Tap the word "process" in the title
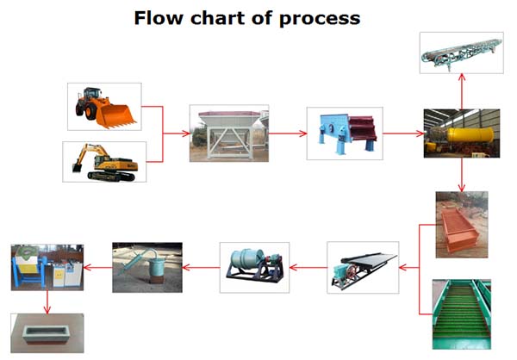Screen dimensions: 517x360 [320, 20]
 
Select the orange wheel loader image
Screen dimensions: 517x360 [104, 107]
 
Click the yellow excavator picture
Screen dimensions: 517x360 [104, 162]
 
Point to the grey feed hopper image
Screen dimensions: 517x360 [229, 133]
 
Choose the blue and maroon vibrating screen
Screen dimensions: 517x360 [345, 133]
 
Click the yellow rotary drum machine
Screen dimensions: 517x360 [462, 133]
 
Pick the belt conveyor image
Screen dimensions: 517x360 [462, 53]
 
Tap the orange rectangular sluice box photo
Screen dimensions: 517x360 [462, 225]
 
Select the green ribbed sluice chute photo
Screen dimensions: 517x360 [462, 314]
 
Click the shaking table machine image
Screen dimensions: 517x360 [363, 267]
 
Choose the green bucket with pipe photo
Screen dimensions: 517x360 [147, 267]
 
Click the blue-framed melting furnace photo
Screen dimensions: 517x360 [47, 267]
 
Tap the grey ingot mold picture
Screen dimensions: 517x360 [47, 333]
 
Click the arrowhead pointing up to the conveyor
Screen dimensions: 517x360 [462, 78]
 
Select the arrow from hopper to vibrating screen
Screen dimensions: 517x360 [288, 133]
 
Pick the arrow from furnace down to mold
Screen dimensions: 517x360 [47, 302]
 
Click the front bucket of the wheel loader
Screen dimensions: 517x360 [117, 116]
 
